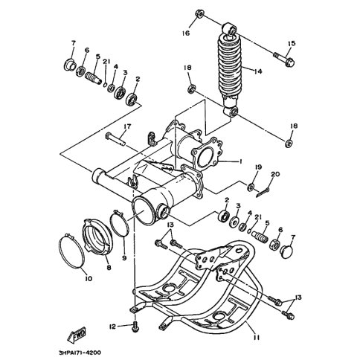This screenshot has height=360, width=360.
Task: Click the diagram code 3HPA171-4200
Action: tap(80, 353)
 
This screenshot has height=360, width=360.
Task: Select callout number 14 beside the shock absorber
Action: tap(257, 71)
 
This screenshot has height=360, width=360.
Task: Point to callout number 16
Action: tap(186, 33)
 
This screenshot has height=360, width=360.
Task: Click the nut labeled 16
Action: tap(199, 13)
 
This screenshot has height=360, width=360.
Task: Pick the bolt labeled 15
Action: tap(284, 58)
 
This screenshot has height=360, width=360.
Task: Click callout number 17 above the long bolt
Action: tap(127, 126)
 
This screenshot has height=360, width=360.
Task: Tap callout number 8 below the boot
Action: tap(109, 268)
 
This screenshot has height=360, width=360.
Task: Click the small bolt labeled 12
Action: tap(135, 326)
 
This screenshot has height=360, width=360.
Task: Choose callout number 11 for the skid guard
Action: tap(257, 338)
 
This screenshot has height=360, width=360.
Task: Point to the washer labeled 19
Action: tap(250, 187)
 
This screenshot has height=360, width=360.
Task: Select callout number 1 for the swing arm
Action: tap(240, 161)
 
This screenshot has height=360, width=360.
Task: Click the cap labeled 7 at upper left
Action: tap(69, 65)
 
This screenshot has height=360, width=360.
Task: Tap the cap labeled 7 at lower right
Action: tap(286, 251)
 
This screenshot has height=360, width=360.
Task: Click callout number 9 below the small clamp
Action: tap(124, 258)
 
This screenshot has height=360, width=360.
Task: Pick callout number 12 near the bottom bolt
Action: tap(112, 327)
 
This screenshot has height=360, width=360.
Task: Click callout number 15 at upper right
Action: tap(292, 44)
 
